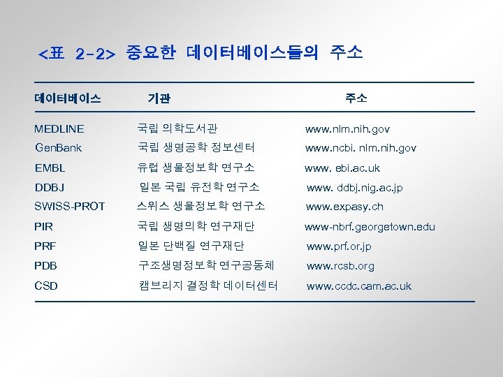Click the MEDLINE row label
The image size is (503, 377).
point(59,129)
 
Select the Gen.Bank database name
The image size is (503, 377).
point(59,148)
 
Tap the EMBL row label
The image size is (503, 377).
point(50,168)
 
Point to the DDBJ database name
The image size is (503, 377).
point(50,188)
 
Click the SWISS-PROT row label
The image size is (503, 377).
point(70,207)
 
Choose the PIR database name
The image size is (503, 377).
point(43,227)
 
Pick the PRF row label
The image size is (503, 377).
point(45,246)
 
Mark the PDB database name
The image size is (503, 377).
point(46,266)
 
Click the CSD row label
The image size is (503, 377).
point(46,286)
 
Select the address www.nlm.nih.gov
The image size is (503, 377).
point(348,129)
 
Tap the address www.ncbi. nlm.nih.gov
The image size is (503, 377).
point(361,148)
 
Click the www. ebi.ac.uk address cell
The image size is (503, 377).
point(342,168)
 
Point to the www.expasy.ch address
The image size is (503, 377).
point(344,207)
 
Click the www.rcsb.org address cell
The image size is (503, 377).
point(340,266)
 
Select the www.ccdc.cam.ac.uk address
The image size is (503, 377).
point(359,286)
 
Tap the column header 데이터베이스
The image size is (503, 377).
point(68,98)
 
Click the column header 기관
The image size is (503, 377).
point(159,99)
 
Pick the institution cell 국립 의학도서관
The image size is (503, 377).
point(177,128)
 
